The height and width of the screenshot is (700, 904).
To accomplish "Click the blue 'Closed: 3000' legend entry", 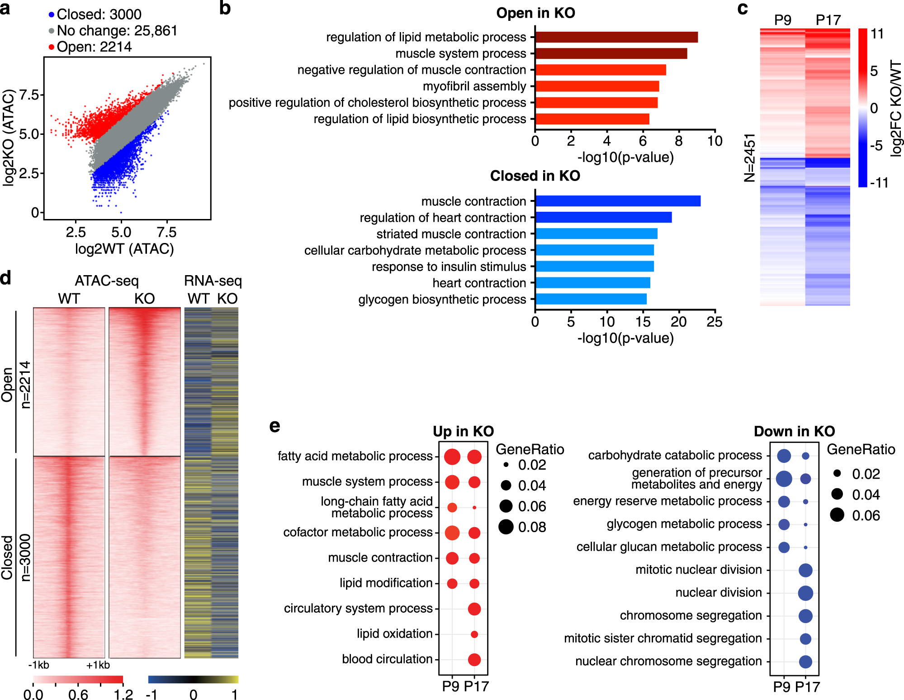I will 95,14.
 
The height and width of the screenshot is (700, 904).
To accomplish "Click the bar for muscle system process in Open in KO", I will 611,53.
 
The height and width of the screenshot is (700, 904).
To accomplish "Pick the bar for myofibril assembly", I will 597,86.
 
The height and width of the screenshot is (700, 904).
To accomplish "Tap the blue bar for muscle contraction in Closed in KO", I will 618,201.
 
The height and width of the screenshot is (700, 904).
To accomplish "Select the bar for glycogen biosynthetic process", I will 591,299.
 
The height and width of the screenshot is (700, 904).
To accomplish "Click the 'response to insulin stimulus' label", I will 449,267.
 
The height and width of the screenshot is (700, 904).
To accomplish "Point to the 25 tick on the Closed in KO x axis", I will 715,322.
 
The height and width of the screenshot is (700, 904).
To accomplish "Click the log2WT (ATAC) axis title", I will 124,249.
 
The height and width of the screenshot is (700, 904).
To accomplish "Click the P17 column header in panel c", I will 828,20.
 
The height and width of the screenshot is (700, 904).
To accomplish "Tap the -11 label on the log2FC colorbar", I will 879,183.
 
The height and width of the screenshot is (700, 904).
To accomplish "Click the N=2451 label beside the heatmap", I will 750,157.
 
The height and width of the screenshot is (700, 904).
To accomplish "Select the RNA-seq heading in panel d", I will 213,281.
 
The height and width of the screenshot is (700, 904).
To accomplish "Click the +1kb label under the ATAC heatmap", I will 98,665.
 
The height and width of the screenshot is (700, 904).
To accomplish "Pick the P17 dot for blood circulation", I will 474,660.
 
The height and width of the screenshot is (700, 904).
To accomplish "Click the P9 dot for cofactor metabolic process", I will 452,533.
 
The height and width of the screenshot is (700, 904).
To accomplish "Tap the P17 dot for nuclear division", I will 805,593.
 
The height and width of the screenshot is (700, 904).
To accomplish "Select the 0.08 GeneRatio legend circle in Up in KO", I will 506,527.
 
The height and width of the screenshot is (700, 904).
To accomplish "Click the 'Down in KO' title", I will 794,431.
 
